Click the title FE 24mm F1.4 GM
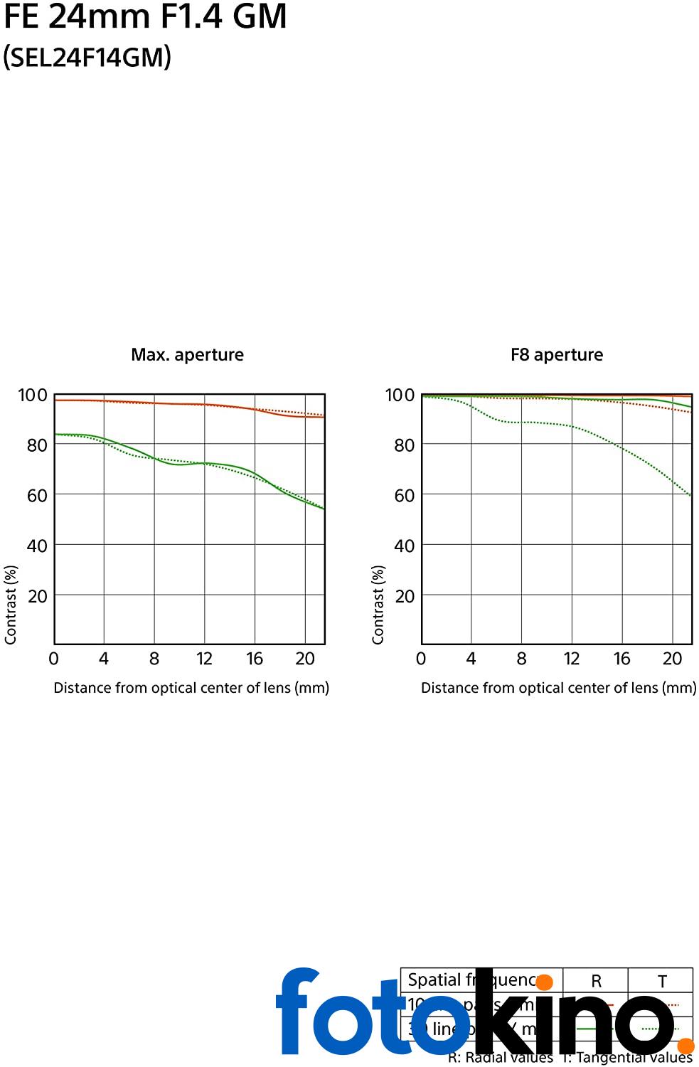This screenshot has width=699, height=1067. tap(145, 16)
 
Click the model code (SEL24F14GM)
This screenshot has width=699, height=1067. tap(87, 57)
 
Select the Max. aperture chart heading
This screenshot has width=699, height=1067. tap(187, 354)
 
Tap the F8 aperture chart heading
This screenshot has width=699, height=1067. tap(556, 354)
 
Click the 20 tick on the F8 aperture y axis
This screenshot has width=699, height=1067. tap(404, 596)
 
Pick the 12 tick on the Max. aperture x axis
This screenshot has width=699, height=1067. tap(204, 659)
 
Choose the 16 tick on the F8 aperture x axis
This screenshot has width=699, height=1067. tap(621, 659)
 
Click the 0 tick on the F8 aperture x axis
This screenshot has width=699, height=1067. tap(421, 659)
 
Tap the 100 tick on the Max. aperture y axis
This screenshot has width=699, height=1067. tap(33, 395)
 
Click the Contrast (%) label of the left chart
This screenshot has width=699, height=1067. tap(10, 605)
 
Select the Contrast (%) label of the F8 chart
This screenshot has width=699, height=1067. tap(378, 605)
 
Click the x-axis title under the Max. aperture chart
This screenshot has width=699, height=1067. tap(191, 688)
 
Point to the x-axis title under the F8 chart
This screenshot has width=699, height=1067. tap(558, 688)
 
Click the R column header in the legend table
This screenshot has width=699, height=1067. tap(596, 981)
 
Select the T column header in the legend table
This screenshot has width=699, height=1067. tap(661, 981)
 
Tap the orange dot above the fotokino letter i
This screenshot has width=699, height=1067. tap(544, 982)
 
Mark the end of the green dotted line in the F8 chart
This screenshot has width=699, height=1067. tap(690, 496)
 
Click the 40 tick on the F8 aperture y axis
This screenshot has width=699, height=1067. tap(404, 546)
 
